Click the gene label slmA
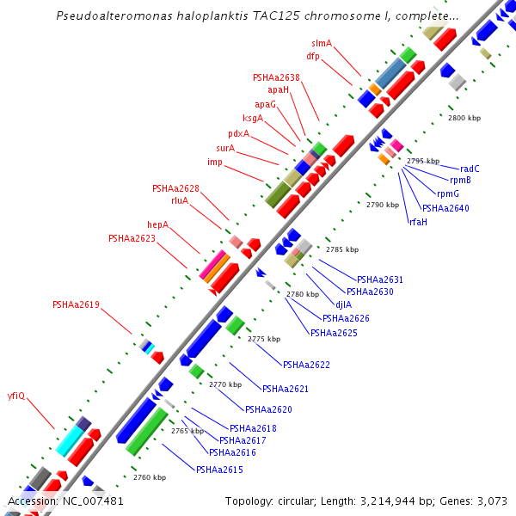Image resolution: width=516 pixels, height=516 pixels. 322,43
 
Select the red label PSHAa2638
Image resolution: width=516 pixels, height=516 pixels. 276,77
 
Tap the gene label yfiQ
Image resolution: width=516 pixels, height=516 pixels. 16,396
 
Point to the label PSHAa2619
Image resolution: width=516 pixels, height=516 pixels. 76,304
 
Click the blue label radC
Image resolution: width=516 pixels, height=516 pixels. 470,169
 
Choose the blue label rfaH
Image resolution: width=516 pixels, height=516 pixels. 418,222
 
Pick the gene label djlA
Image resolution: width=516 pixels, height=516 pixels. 343,304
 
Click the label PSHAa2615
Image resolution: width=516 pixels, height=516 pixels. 219,470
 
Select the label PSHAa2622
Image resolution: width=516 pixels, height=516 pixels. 306,365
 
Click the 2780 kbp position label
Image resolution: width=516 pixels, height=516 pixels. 302,295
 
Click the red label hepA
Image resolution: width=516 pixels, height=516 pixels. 157,225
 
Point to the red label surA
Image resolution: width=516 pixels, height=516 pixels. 225,148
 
